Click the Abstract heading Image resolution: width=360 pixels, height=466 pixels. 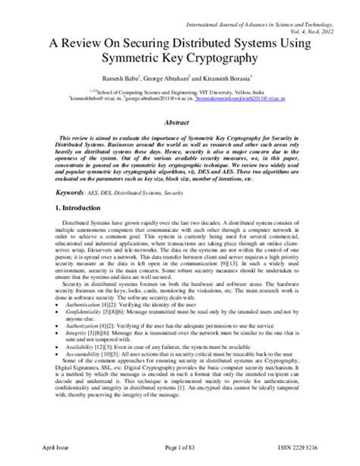coord(179,122)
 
